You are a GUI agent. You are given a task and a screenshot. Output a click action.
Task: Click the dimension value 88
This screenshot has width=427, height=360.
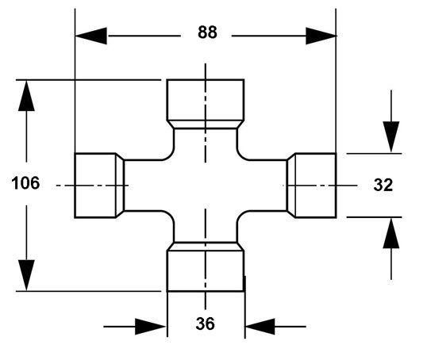[207, 32]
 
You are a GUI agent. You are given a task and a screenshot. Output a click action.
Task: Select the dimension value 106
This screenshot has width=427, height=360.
[25, 182]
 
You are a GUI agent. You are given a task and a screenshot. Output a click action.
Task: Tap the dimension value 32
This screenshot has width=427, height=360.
[383, 185]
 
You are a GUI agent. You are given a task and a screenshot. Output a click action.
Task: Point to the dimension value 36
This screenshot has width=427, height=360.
[205, 324]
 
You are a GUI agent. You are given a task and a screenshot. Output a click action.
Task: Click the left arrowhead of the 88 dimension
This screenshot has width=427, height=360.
[91, 36]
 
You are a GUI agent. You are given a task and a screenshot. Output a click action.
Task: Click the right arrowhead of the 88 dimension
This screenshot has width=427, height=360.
[321, 36]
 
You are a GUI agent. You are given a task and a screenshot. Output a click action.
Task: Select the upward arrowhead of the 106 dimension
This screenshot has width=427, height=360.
[26, 95]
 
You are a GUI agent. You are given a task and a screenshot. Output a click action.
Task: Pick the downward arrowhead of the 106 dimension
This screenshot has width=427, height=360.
[26, 275]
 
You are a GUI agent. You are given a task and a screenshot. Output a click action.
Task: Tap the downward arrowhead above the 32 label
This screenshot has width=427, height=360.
[391, 137]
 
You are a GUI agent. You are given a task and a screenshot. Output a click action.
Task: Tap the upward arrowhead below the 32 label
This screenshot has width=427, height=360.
[391, 233]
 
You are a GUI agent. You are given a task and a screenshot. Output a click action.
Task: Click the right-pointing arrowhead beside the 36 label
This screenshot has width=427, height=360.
[151, 327]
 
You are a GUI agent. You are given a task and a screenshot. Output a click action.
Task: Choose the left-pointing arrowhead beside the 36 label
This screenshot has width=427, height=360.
[260, 327]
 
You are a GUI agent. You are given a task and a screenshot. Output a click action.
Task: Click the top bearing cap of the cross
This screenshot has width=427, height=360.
[206, 100]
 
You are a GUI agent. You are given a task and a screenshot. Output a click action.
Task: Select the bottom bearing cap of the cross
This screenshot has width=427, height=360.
[206, 270]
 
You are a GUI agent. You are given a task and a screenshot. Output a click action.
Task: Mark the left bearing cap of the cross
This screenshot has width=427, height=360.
[95, 186]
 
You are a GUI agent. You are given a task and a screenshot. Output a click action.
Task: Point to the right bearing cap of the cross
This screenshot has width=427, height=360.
[316, 186]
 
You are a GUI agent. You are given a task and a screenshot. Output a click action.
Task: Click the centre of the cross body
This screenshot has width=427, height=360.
[206, 186]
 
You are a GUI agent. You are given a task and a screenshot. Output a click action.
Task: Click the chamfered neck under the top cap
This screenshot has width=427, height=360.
[206, 124]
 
